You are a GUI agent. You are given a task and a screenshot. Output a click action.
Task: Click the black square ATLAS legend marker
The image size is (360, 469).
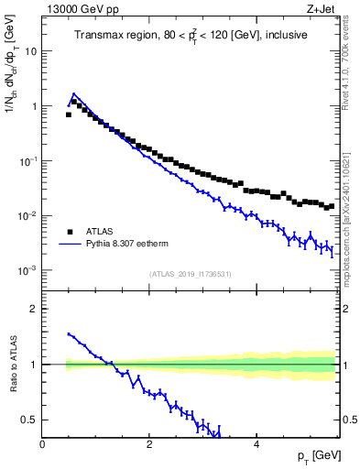(70, 232)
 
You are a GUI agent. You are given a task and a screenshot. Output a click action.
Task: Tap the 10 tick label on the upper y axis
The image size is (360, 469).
(30, 51)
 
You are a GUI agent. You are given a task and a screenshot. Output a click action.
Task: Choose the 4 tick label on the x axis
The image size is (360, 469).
(256, 444)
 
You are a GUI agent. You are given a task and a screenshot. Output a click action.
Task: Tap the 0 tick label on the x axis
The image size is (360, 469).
(43, 444)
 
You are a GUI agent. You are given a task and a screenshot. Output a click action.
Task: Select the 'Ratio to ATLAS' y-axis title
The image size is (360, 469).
(11, 365)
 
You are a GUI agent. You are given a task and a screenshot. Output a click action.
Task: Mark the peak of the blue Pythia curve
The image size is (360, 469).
(73, 93)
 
